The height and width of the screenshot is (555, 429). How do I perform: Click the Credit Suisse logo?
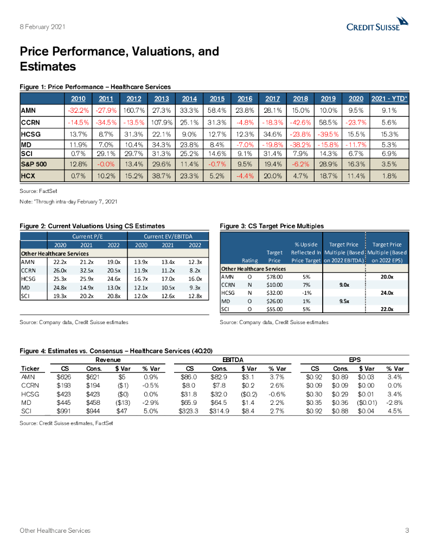pos(377,25)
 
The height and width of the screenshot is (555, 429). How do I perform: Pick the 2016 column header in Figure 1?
pos(245,98)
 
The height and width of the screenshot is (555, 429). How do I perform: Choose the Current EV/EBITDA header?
pos(168,236)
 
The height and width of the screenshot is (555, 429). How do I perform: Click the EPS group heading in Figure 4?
pos(354,359)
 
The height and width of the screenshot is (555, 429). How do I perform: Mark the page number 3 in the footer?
pos(407,530)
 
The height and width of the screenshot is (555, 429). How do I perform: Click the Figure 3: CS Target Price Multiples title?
pos(271,225)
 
